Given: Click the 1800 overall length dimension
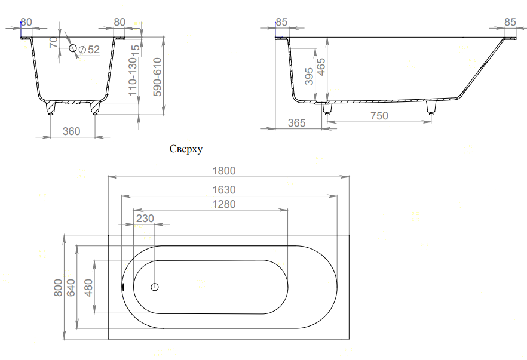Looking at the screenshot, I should [x=226, y=170].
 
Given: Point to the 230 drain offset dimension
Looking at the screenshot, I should [x=145, y=219].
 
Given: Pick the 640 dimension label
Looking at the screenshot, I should [x=72, y=288].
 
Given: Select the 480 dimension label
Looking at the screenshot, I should [x=88, y=288].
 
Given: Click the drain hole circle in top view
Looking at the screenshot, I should [x=155, y=287].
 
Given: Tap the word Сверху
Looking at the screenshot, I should [x=187, y=150].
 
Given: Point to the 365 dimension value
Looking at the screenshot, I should [x=296, y=123].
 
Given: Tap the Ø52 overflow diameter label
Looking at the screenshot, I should [x=89, y=50].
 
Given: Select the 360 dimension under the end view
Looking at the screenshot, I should [x=72, y=131].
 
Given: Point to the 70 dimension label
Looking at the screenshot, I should [x=54, y=43].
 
